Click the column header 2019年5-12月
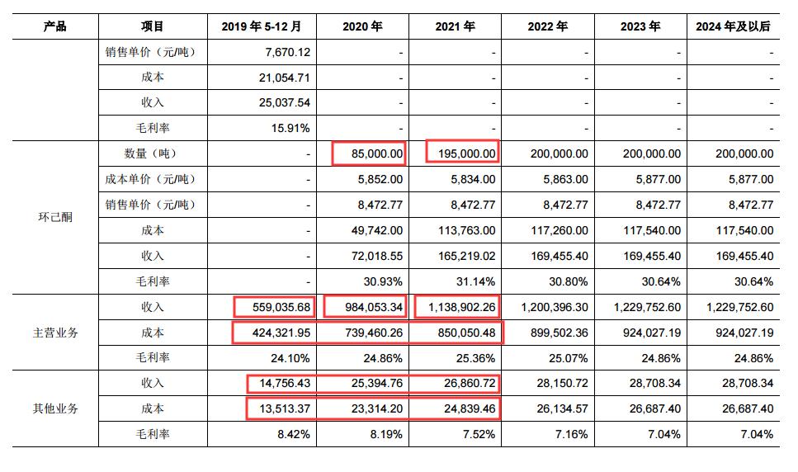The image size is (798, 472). (268, 26)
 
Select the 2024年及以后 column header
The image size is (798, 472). (733, 26)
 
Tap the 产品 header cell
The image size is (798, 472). (55, 26)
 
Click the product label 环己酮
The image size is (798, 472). (55, 218)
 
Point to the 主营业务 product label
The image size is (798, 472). (55, 333)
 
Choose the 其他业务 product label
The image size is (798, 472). (55, 408)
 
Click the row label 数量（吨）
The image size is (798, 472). (151, 153)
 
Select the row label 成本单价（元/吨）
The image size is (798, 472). (151, 179)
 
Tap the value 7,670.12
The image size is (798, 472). (288, 52)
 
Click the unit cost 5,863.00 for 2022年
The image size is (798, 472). (564, 179)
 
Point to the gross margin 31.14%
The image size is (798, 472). (477, 281)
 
